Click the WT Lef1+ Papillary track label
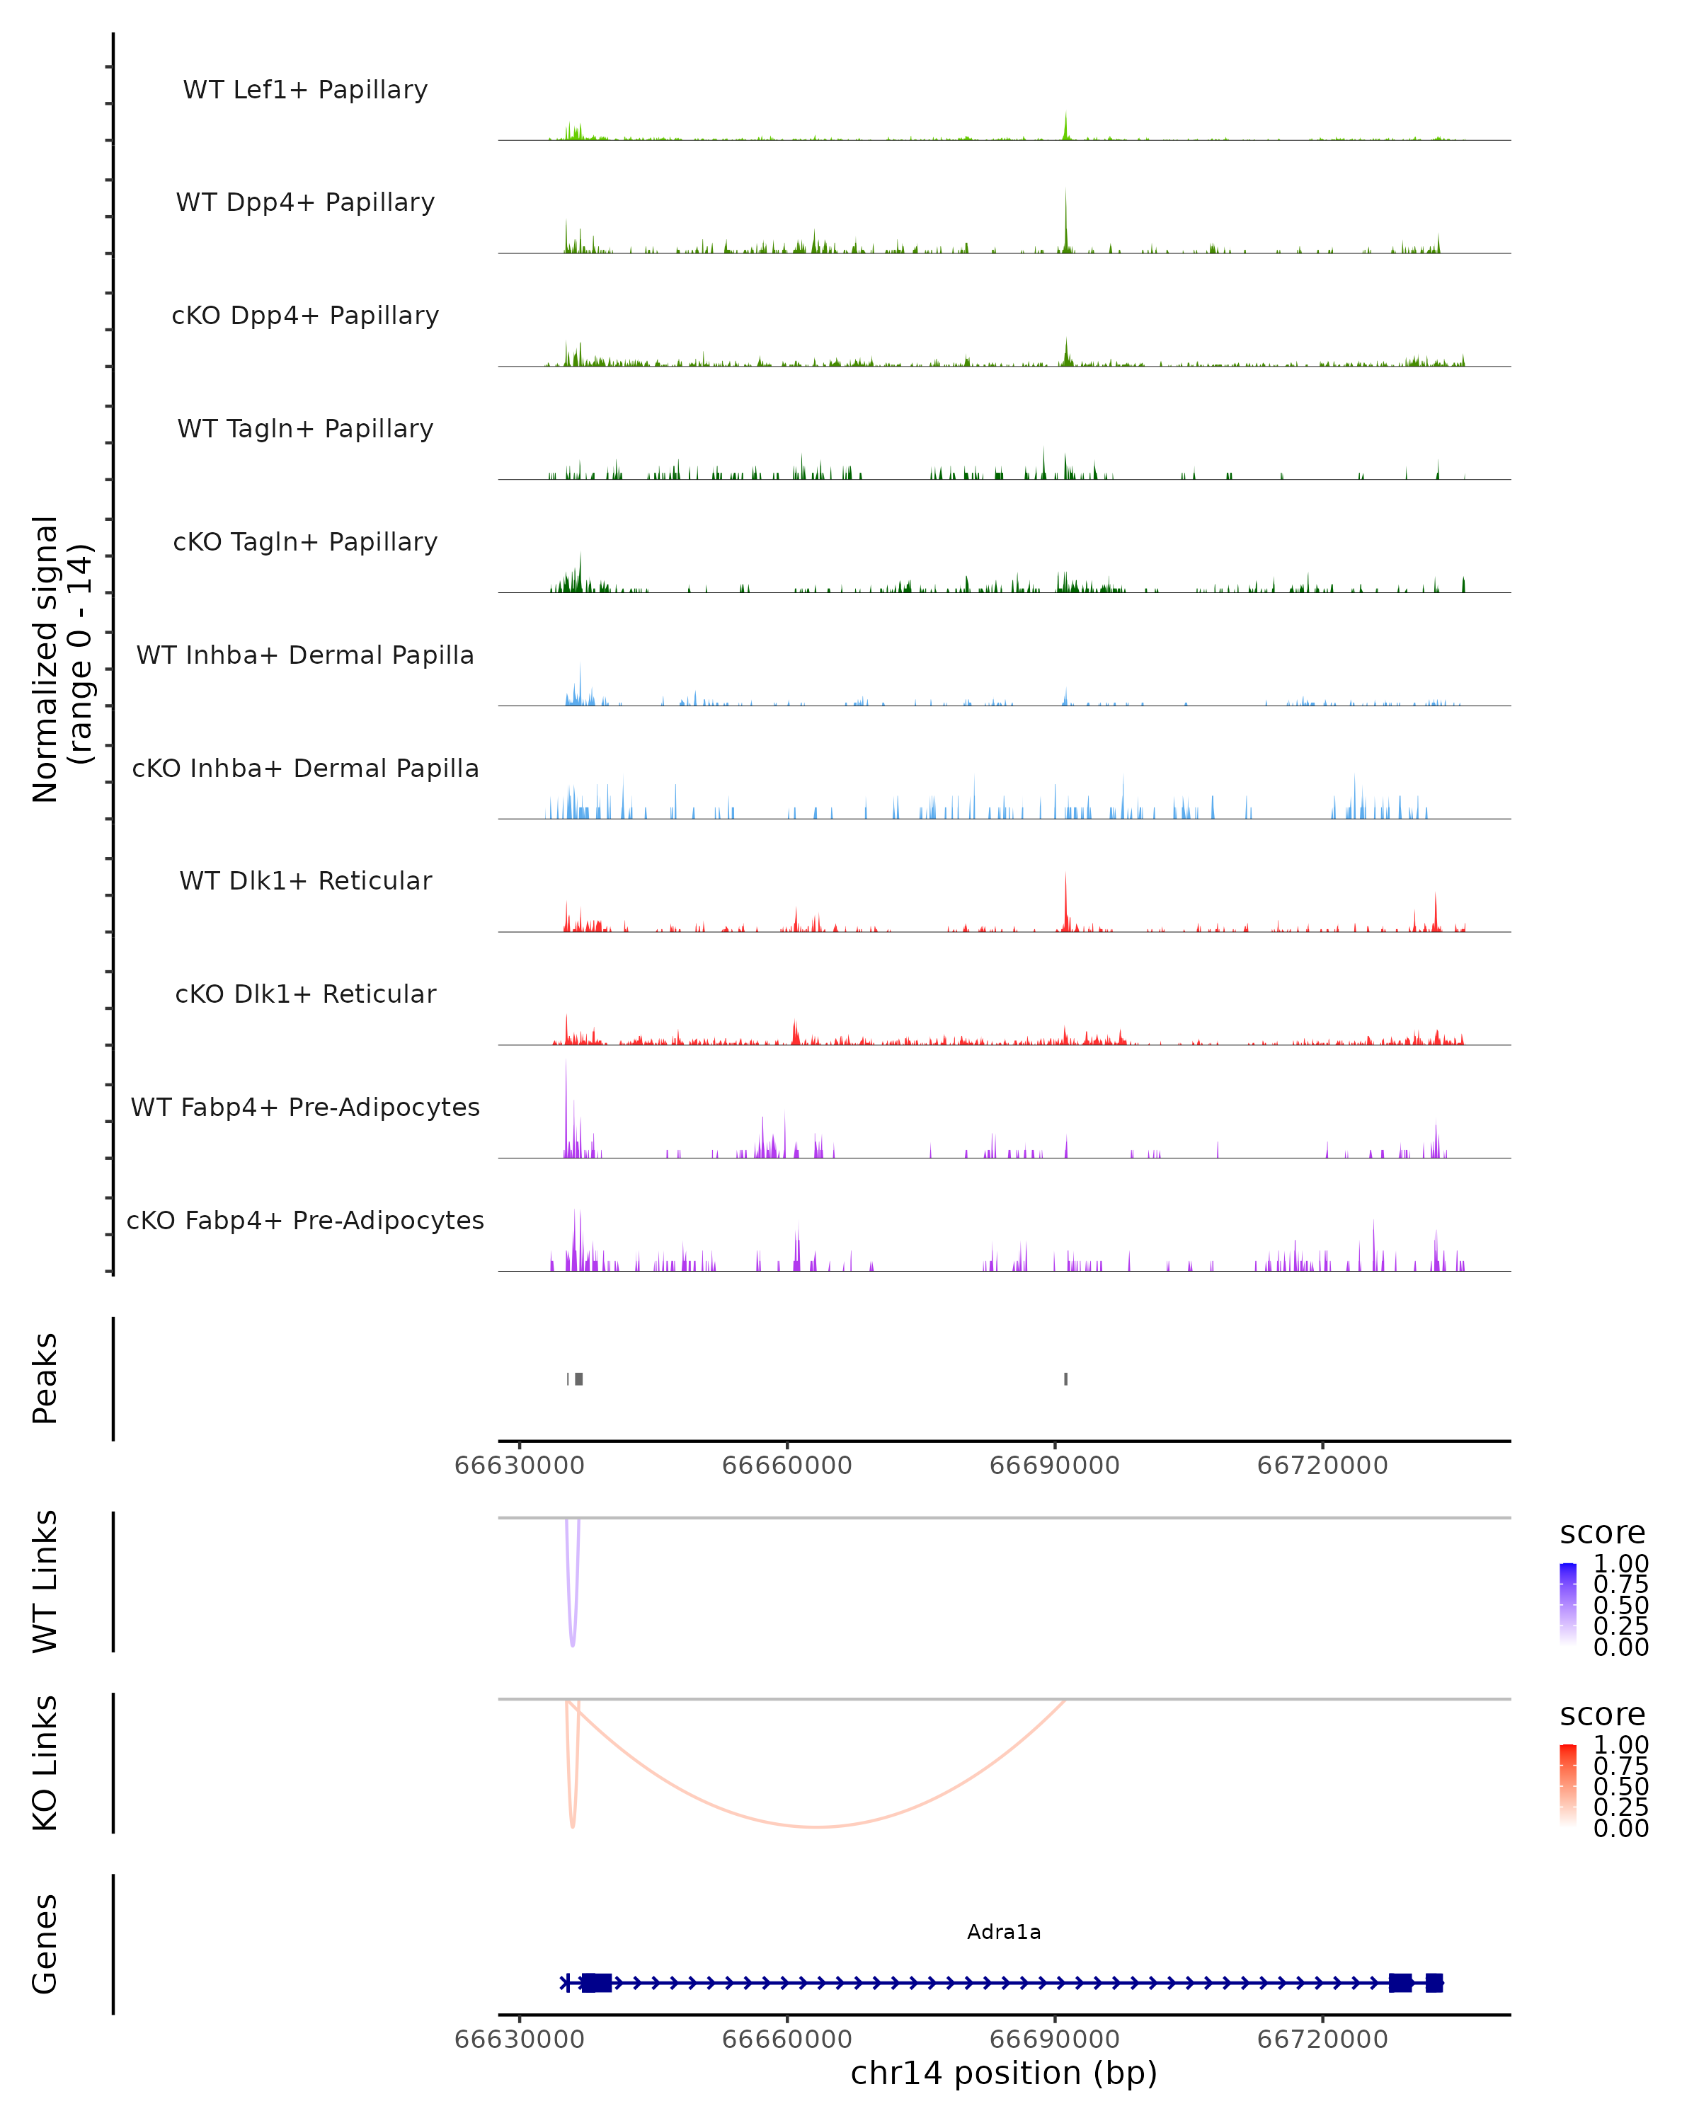coord(305,90)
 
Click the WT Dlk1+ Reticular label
coord(305,880)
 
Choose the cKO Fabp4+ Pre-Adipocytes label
coord(305,1220)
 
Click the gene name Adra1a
coord(1004,1932)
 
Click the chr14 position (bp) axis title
coord(1004,2073)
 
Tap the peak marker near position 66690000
coord(1065,1379)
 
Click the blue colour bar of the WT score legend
coord(1568,1604)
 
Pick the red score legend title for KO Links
coord(1601,1715)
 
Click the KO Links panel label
coord(45,1763)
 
